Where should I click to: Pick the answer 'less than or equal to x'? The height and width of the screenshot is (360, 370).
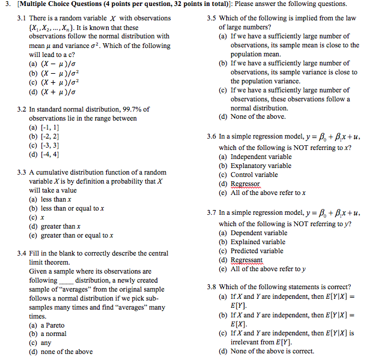coord(73,208)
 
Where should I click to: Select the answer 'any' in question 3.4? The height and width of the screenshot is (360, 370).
coord(46,343)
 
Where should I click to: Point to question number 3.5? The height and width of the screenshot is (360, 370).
coord(211,18)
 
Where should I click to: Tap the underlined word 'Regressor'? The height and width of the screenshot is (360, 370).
coord(246,184)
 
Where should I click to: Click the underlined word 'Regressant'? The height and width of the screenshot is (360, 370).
coord(247,260)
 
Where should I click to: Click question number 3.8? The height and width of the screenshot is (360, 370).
coord(211,287)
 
